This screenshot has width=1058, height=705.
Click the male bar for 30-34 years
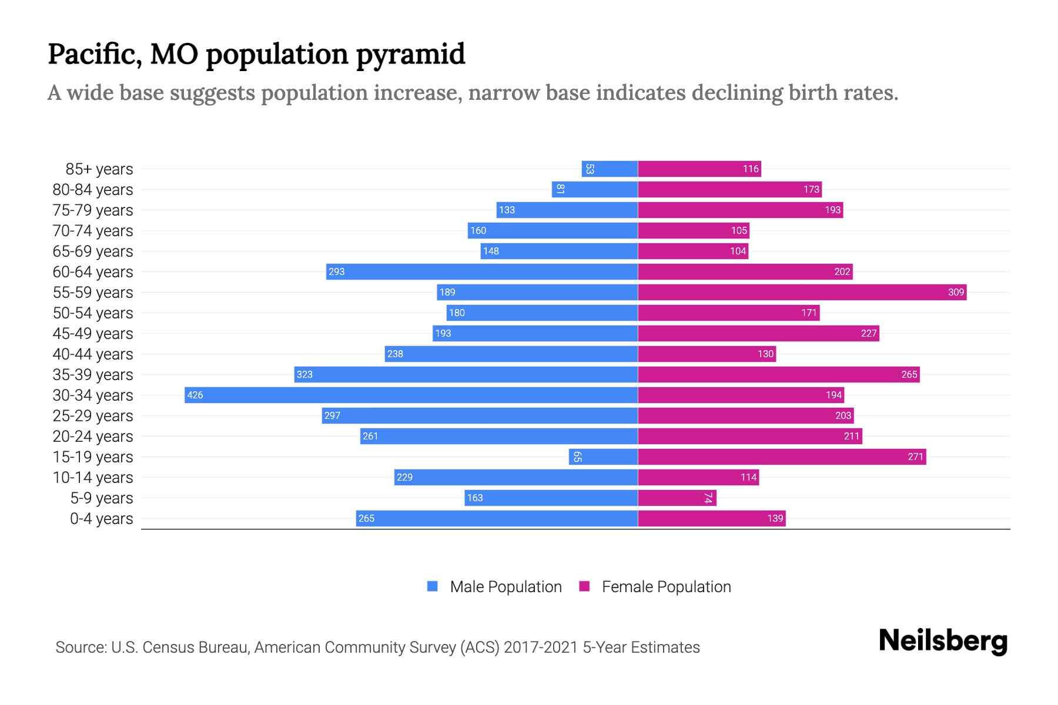click(411, 395)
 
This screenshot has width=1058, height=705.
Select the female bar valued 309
click(802, 292)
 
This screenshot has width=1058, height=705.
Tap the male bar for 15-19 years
click(604, 456)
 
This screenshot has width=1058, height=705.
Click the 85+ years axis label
click(99, 169)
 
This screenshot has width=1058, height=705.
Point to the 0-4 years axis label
click(101, 519)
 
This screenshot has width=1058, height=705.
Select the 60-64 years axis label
click(93, 272)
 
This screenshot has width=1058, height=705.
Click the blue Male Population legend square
click(433, 586)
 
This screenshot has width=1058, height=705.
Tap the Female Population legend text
click(666, 587)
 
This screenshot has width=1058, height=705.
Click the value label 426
click(195, 395)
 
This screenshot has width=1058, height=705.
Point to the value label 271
click(915, 457)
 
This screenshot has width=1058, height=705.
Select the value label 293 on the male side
click(336, 272)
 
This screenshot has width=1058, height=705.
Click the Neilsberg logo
click(943, 641)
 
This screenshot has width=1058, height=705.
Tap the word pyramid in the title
click(410, 55)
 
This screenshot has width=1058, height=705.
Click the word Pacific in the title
click(94, 54)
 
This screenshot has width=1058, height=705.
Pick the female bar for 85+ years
click(699, 169)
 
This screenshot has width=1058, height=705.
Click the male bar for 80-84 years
click(595, 189)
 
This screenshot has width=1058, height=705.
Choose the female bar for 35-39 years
click(779, 374)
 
